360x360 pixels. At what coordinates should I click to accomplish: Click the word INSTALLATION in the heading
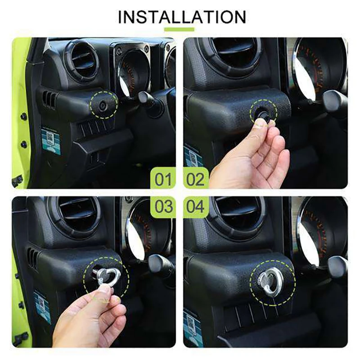(182, 17)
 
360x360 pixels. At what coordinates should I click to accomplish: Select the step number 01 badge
(163, 179)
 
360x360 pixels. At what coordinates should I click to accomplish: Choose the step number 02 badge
(195, 179)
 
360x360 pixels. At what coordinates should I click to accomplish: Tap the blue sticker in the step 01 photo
(51, 141)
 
